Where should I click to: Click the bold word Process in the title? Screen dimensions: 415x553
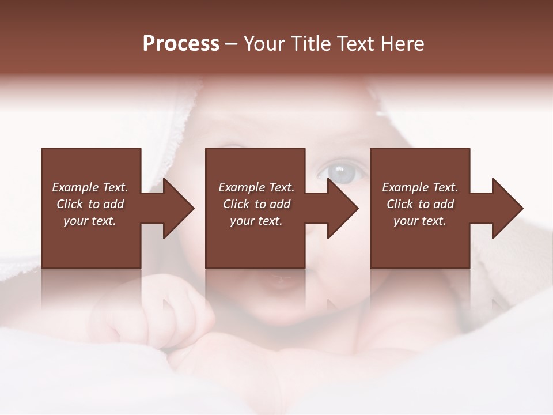[181, 44]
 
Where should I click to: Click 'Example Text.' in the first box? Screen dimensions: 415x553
[90, 187]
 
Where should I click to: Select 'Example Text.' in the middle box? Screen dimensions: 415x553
[256, 187]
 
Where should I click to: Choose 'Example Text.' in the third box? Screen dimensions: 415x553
[420, 187]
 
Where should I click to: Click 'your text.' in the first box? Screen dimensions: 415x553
[90, 221]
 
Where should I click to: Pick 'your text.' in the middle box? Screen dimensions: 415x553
[256, 221]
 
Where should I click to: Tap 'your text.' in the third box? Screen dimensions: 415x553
[420, 221]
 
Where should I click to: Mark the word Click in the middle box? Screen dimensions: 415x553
[236, 204]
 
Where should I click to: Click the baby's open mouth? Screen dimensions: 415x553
[281, 282]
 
